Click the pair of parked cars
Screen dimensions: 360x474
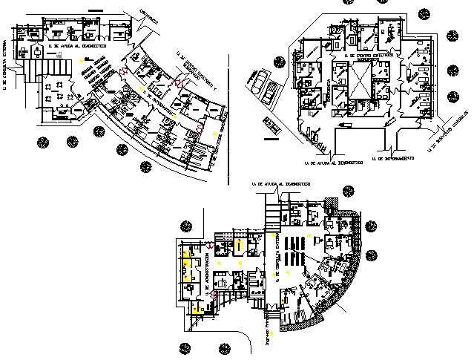click(264, 86)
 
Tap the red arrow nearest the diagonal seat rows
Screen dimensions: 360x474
click(124, 71)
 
